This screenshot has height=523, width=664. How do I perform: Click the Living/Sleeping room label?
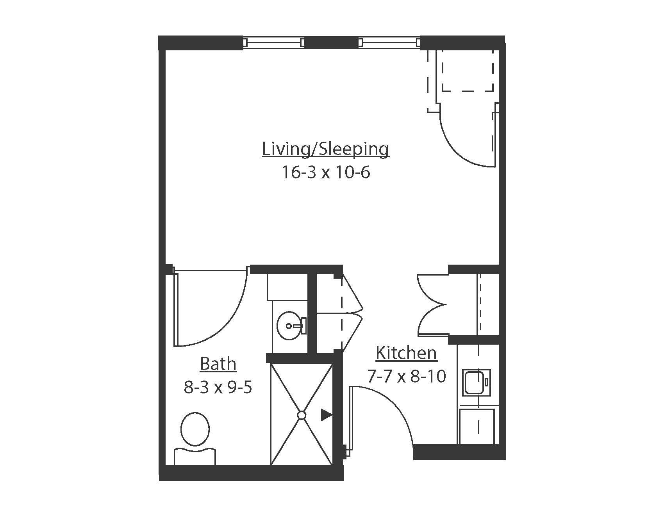pyautogui.click(x=325, y=149)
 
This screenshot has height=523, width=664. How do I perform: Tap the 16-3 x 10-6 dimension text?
pyautogui.click(x=325, y=172)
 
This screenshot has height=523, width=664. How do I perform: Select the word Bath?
pyautogui.click(x=218, y=364)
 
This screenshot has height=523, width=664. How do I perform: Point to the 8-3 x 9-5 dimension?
pyautogui.click(x=218, y=388)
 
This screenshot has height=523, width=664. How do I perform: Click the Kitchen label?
pyautogui.click(x=406, y=353)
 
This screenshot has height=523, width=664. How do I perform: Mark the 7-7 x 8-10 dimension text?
pyautogui.click(x=406, y=377)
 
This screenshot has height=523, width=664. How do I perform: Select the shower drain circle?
pyautogui.click(x=302, y=415)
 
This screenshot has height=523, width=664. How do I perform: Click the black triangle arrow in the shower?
pyautogui.click(x=326, y=415)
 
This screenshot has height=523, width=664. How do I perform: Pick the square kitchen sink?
pyautogui.click(x=476, y=381)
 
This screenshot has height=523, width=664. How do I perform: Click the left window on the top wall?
pyautogui.click(x=273, y=42)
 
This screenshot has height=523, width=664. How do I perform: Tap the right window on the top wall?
pyautogui.click(x=389, y=42)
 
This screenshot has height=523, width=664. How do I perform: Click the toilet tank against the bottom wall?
pyautogui.click(x=195, y=457)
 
